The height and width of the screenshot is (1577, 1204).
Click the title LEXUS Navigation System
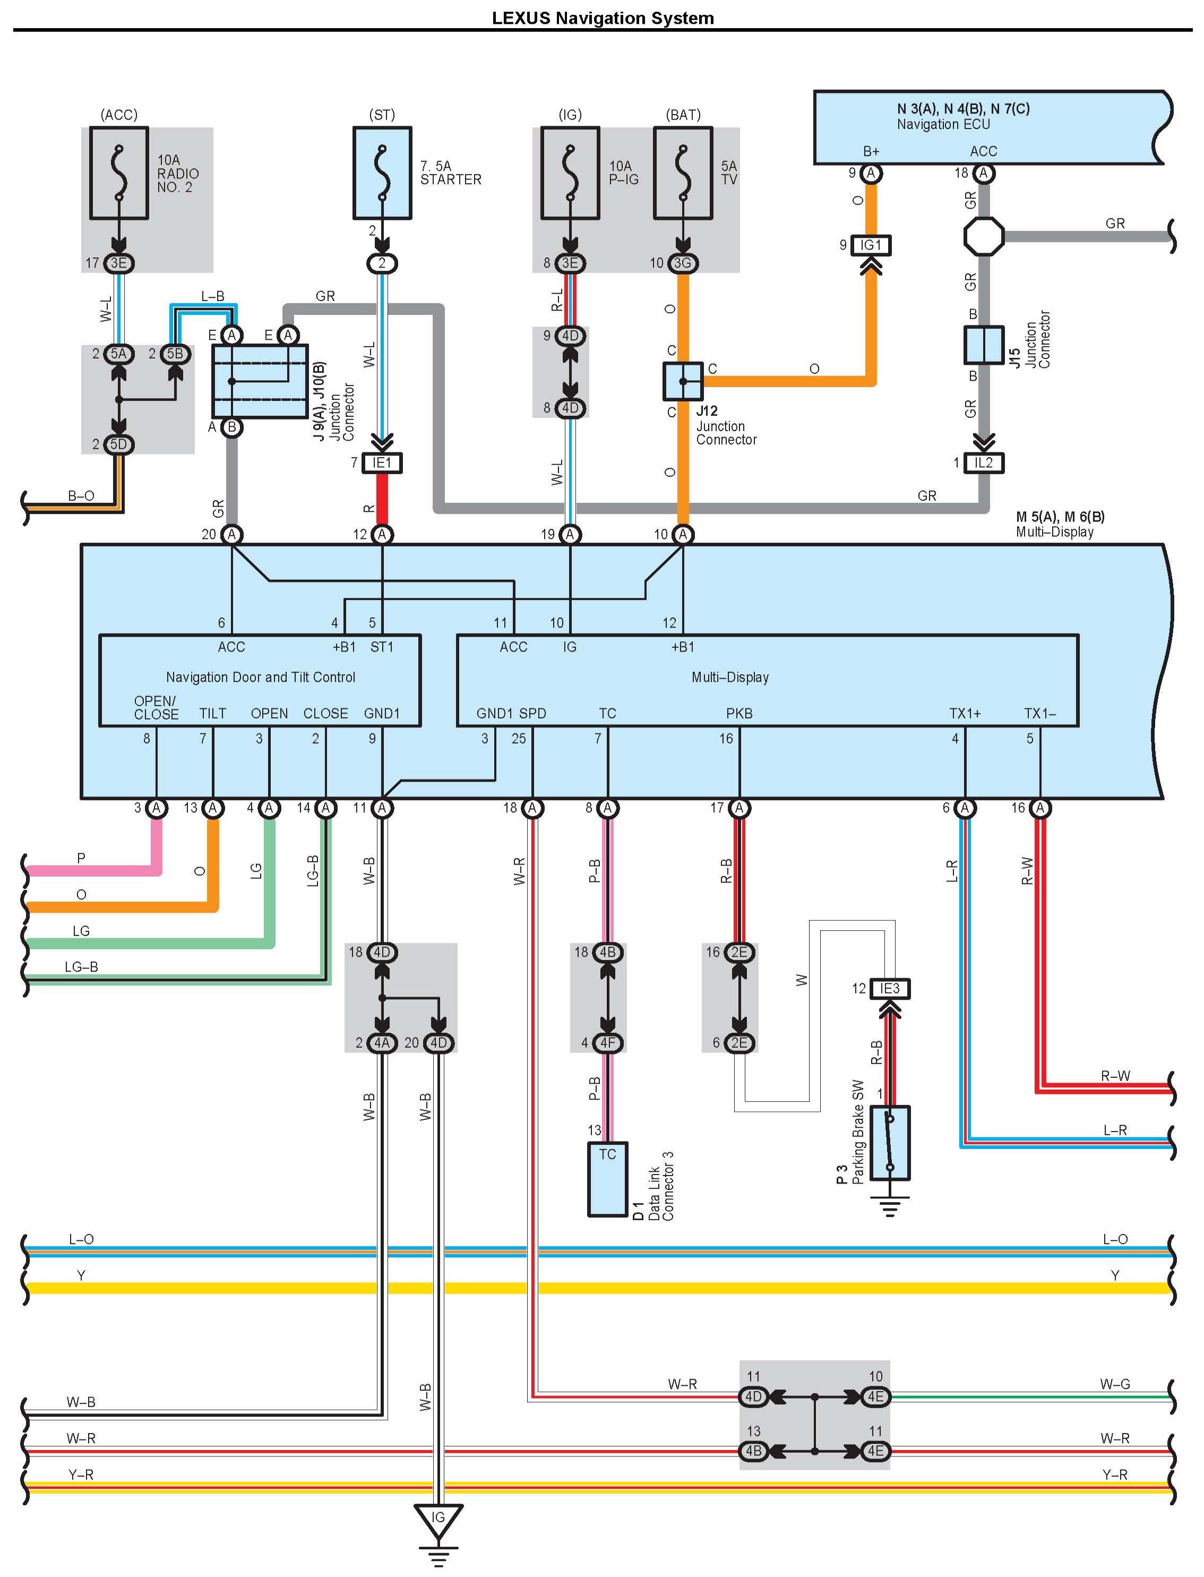pyautogui.click(x=602, y=18)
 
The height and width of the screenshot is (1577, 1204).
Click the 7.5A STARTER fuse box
pyautogui.click(x=382, y=174)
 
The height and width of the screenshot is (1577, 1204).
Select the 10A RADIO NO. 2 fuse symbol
pyautogui.click(x=119, y=174)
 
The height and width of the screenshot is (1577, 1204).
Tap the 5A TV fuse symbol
pyautogui.click(x=683, y=174)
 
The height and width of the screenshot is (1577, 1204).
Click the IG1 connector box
pyautogui.click(x=871, y=245)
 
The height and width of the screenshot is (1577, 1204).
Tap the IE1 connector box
pyautogui.click(x=382, y=463)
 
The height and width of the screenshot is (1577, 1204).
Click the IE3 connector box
pyautogui.click(x=889, y=989)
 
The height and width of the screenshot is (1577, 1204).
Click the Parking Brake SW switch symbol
pyautogui.click(x=889, y=1143)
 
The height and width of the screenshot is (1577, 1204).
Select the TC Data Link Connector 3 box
pyautogui.click(x=607, y=1178)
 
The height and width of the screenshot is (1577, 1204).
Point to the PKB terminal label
pyautogui.click(x=739, y=713)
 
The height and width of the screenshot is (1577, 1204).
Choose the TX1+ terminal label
pyautogui.click(x=965, y=713)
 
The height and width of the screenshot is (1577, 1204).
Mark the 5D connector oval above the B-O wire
pyautogui.click(x=118, y=444)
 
